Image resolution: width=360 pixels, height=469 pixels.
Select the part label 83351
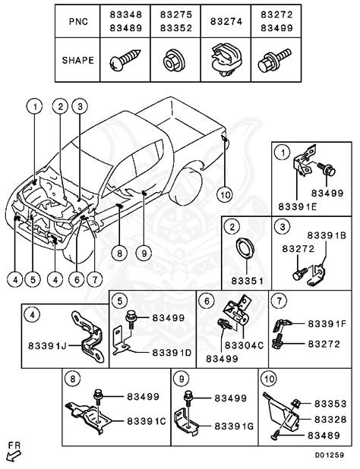(x=242, y=279)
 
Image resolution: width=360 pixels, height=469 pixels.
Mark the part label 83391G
(x=234, y=427)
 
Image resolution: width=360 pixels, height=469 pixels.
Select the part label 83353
(x=330, y=404)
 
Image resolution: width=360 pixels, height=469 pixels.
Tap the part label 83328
(x=330, y=418)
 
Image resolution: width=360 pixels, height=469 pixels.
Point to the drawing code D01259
(x=334, y=455)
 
